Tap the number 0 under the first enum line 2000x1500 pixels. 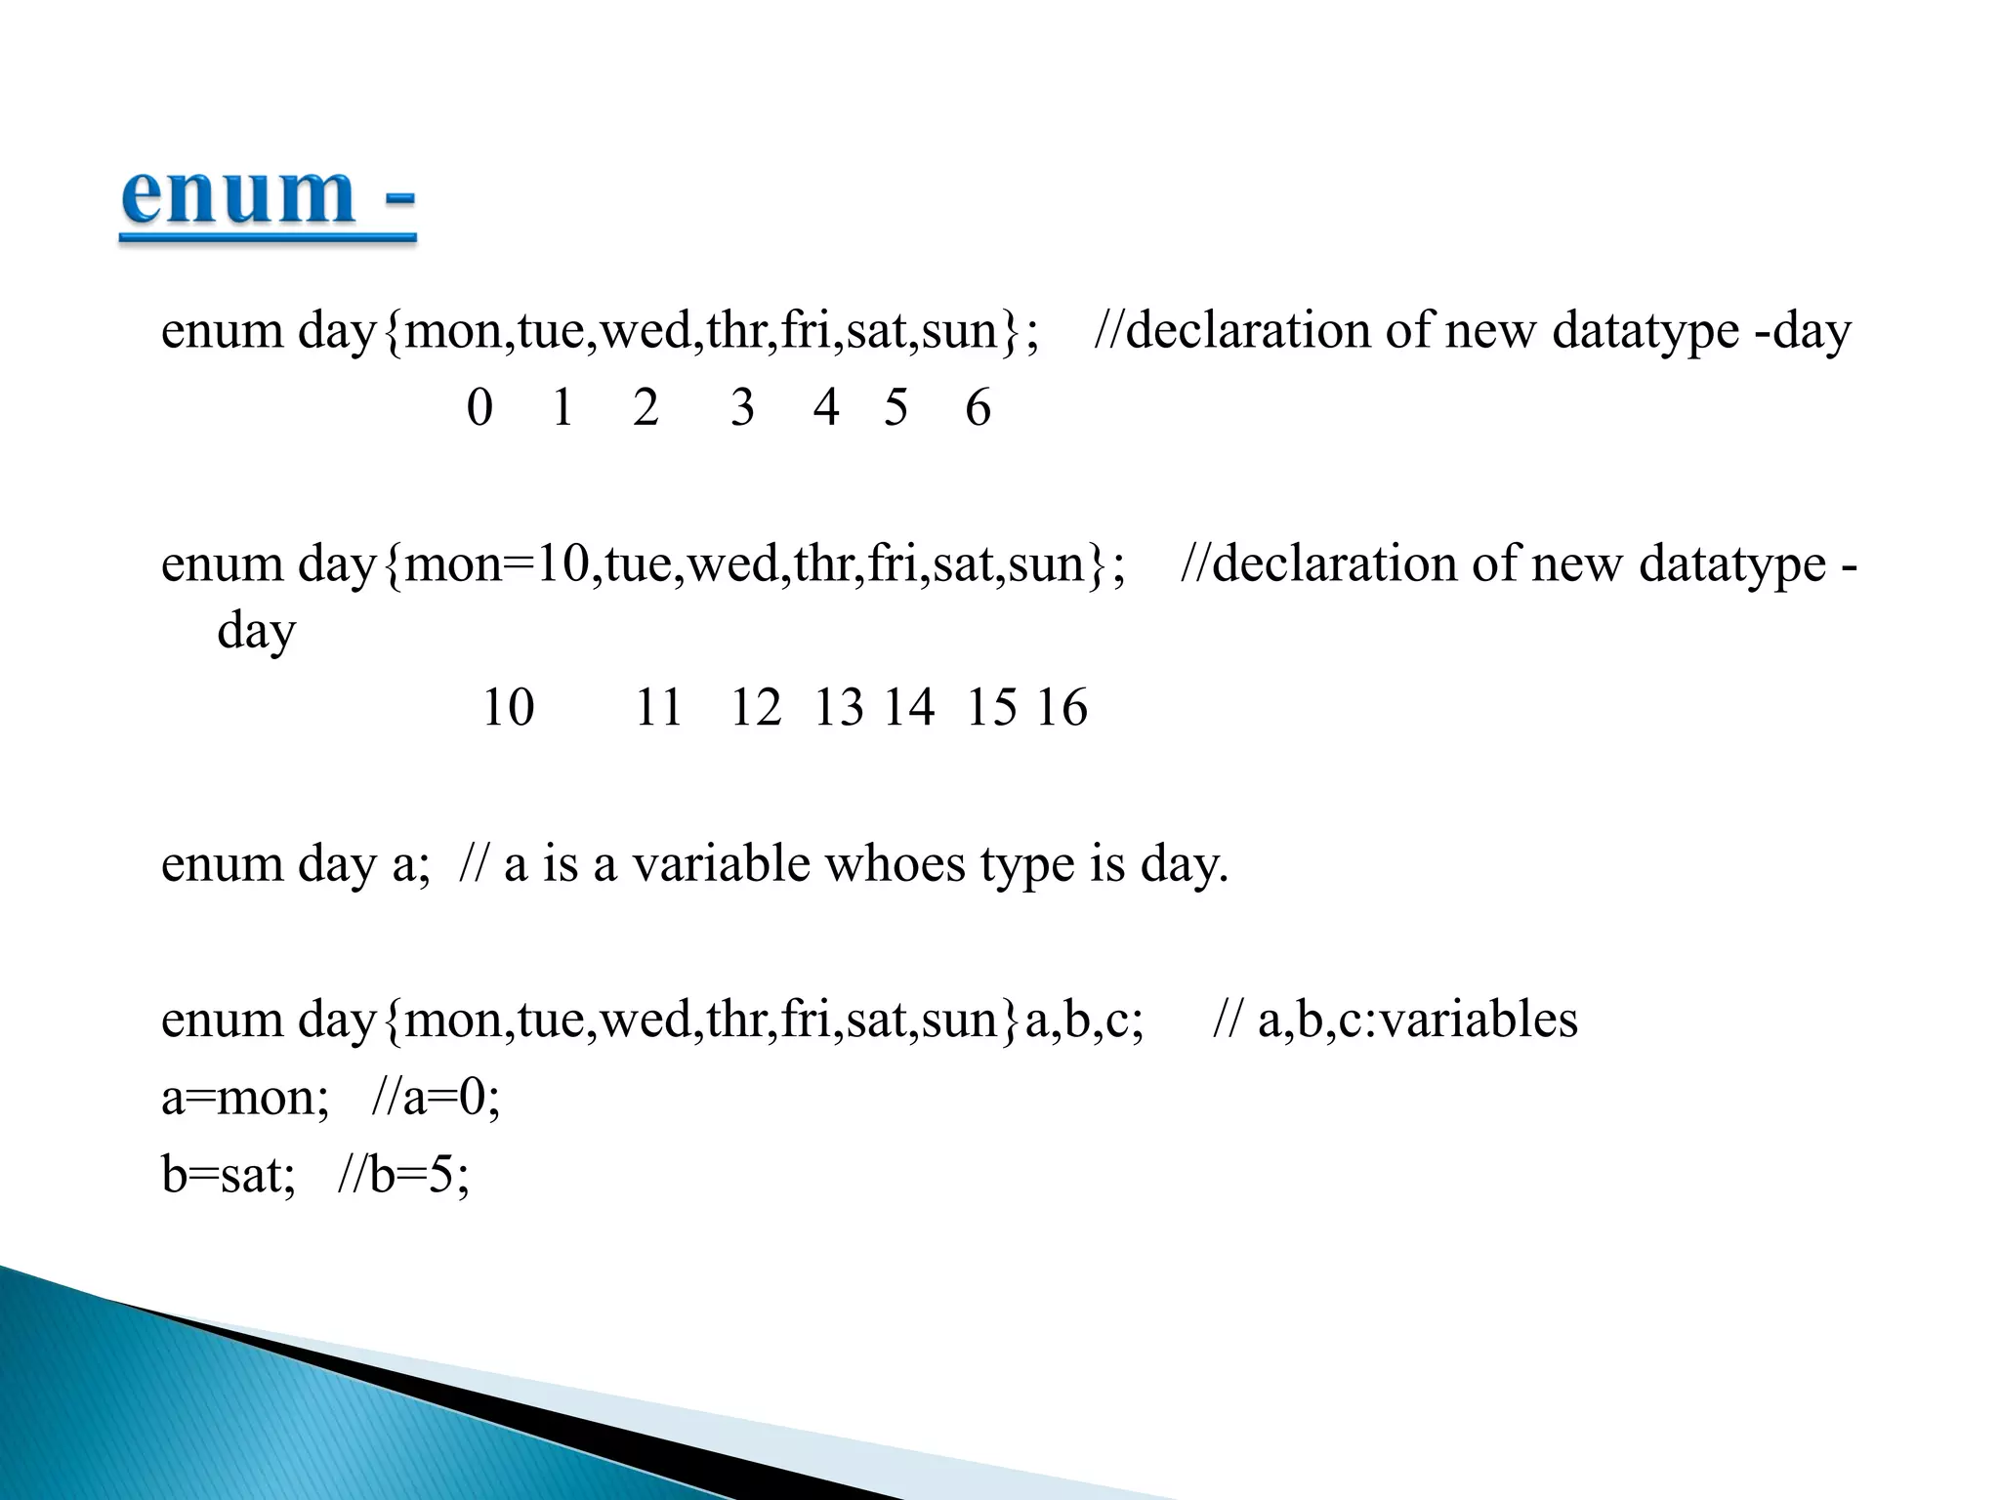click(x=479, y=407)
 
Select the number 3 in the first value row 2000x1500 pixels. click(x=742, y=407)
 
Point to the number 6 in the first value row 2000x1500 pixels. click(x=978, y=407)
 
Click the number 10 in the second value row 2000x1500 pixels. click(x=509, y=707)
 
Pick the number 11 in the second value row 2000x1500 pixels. click(x=658, y=707)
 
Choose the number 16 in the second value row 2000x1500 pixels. click(x=1062, y=707)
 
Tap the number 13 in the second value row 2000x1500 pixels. click(x=839, y=707)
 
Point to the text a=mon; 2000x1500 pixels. click(x=245, y=1098)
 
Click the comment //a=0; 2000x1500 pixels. click(x=436, y=1098)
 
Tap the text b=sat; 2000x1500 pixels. click(x=229, y=1175)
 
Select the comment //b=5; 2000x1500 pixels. click(x=403, y=1175)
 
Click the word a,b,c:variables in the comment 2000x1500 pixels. click(x=1417, y=1020)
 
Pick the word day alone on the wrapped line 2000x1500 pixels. click(x=256, y=632)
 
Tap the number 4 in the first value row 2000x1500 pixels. click(x=826, y=407)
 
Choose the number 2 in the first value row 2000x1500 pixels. click(x=646, y=407)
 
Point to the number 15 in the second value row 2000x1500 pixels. click(x=991, y=707)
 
